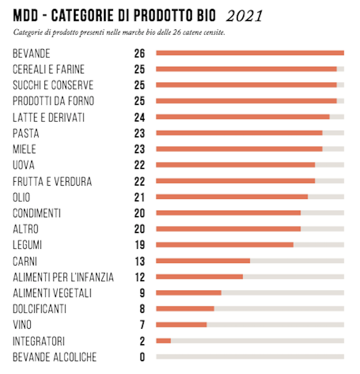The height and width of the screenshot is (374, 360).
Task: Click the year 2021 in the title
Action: pos(244,16)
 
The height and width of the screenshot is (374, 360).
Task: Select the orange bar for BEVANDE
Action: pos(250,53)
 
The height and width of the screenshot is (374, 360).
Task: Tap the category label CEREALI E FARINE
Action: pos(48,69)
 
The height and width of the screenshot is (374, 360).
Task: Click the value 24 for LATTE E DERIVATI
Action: pos(140,117)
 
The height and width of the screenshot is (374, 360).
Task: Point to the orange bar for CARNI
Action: pos(203,261)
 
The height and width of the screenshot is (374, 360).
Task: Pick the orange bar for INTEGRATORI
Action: pos(163,341)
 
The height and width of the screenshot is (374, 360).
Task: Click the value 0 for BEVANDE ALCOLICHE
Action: pos(142,357)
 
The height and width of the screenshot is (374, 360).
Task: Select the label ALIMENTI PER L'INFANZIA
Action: pos(63,278)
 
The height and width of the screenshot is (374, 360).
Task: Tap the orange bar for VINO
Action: pos(181,325)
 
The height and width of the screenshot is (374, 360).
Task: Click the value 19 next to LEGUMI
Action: pos(140,245)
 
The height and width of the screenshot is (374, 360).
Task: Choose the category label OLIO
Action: pos(22,197)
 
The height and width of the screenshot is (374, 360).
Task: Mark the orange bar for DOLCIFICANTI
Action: pos(185,309)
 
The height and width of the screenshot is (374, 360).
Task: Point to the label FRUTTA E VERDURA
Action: pos(52,181)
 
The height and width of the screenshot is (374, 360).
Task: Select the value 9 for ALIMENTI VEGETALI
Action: pos(142,293)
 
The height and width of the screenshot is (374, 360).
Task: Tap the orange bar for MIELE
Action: pos(239,149)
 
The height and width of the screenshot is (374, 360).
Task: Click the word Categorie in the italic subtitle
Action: pos(25,32)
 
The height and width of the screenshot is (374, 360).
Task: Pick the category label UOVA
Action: pos(24,165)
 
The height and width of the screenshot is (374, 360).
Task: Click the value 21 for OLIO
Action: pos(140,197)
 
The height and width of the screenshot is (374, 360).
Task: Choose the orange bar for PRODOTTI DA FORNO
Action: pos(246,101)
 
